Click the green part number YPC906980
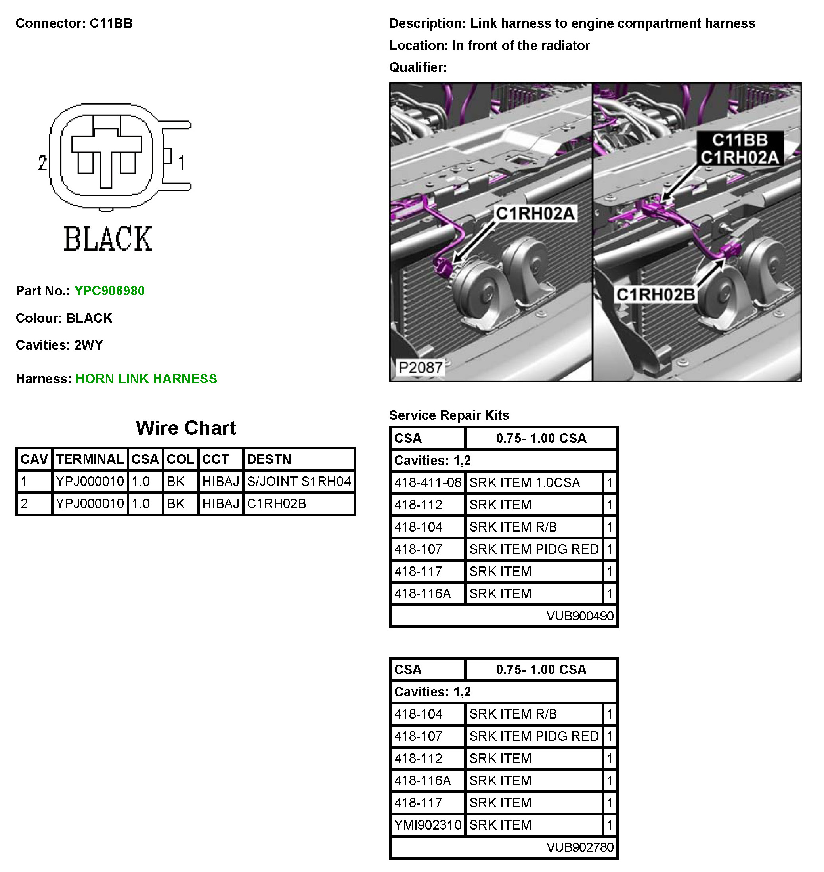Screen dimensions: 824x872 tap(109, 291)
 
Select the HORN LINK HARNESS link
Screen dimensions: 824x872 tap(146, 379)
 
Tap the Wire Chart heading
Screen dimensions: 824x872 tap(186, 428)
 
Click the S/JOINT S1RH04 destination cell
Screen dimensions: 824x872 tap(299, 482)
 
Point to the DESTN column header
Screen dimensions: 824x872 tap(269, 459)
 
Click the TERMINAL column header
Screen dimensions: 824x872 tap(90, 459)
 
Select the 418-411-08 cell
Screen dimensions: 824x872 tap(428, 483)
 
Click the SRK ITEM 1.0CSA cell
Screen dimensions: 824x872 tap(524, 483)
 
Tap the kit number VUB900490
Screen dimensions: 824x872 tap(580, 616)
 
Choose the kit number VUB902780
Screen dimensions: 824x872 tap(580, 847)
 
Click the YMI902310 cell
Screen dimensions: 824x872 tap(428, 825)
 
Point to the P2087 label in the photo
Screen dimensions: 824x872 tap(420, 367)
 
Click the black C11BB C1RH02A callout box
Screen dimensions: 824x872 tap(740, 149)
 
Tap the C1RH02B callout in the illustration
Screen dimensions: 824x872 tap(655, 295)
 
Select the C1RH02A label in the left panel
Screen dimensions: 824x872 tap(535, 214)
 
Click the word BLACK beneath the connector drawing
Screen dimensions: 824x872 tap(108, 239)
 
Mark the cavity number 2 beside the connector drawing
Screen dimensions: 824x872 tap(42, 163)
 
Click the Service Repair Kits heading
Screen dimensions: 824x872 tap(449, 415)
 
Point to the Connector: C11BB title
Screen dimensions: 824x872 tap(74, 23)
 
